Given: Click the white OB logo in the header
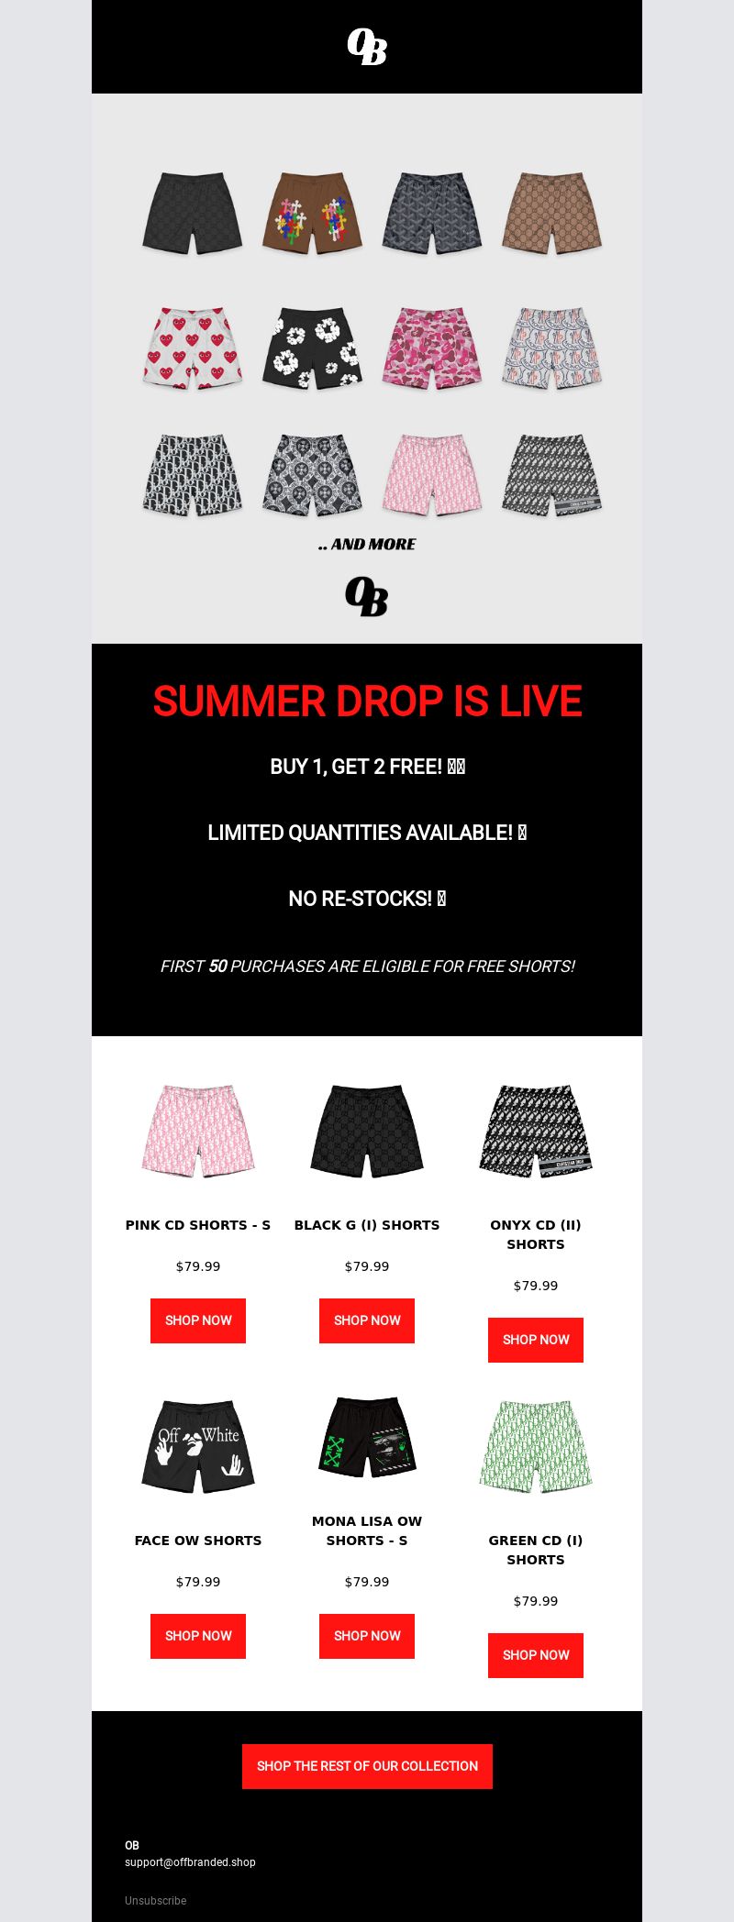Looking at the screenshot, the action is pos(367,47).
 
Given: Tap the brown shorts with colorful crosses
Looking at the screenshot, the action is pos(312,213).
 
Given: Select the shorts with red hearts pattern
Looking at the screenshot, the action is pos(193,348).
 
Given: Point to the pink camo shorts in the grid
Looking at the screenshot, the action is pos(431,348).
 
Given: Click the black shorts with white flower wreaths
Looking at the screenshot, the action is pos(312,348).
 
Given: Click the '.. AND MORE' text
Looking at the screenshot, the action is pos(367,545).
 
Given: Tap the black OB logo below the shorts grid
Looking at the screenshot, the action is pos(367,596).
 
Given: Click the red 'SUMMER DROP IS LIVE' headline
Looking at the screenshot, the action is pos(367,701).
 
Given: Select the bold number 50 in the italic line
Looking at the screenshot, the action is pos(217,967).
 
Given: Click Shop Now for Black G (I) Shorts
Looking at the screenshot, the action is pos(367,1320).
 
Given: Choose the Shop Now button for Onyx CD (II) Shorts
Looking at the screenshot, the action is pos(536,1340).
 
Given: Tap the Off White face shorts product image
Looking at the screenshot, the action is pos(198,1446).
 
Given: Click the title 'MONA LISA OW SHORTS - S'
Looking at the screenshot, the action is pos(367,1530).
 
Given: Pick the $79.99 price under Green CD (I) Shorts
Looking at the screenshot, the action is pos(536,1601).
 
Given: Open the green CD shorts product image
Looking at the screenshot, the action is pos(536,1446).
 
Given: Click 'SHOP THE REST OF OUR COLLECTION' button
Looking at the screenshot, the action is pos(367,1766).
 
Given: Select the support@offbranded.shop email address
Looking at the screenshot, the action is pos(190,1862).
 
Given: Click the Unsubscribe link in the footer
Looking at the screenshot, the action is pos(155,1901).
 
